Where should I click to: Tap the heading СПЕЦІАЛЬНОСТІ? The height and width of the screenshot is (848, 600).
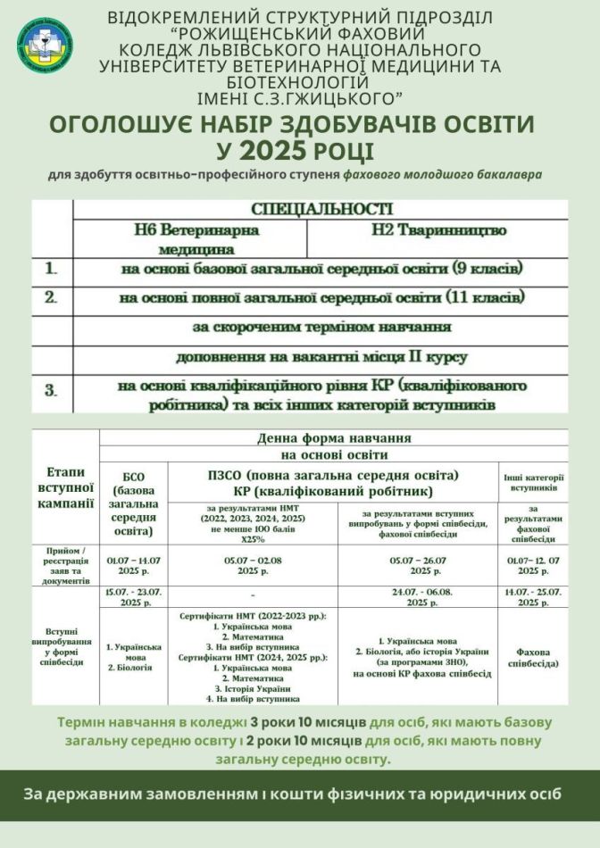(x=322, y=210)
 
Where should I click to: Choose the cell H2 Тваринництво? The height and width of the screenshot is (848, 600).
(x=437, y=230)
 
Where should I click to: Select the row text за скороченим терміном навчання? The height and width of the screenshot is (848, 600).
(x=321, y=327)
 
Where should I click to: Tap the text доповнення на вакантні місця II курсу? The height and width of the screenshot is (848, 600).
(x=321, y=358)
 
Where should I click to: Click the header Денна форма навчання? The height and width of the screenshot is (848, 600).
(x=334, y=438)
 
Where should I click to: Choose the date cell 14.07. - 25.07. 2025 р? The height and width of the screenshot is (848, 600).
(x=534, y=597)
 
